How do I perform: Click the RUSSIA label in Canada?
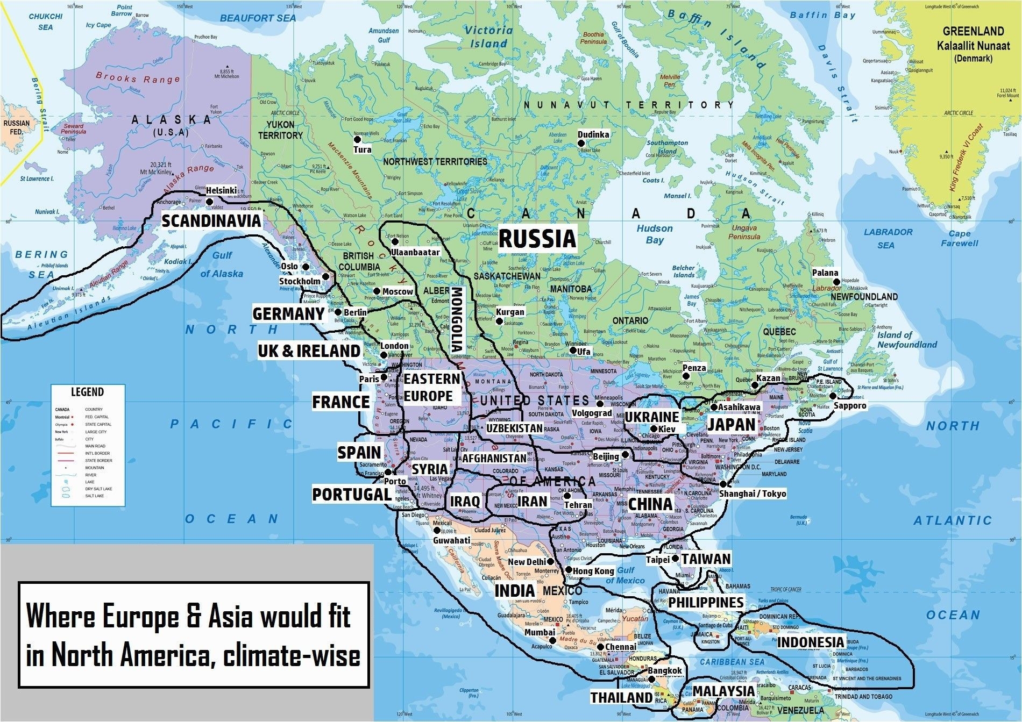pyautogui.click(x=537, y=239)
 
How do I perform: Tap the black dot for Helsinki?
pyautogui.click(x=210, y=202)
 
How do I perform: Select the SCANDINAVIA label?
pyautogui.click(x=211, y=220)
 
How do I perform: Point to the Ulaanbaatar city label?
pyautogui.click(x=415, y=252)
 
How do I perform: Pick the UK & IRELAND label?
pyautogui.click(x=309, y=351)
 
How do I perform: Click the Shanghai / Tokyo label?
pyautogui.click(x=753, y=494)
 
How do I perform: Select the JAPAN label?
pyautogui.click(x=731, y=425)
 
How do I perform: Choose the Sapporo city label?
pyautogui.click(x=850, y=405)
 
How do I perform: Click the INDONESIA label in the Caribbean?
pyautogui.click(x=811, y=642)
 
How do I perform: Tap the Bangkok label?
pyautogui.click(x=665, y=670)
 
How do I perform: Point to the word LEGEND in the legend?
pyautogui.click(x=87, y=392)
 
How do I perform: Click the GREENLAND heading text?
pyautogui.click(x=973, y=31)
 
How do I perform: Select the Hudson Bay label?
pyautogui.click(x=655, y=234)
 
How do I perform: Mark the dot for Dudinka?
pyautogui.click(x=581, y=143)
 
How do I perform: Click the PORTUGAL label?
pyautogui.click(x=352, y=495)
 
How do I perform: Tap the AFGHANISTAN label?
pyautogui.click(x=494, y=459)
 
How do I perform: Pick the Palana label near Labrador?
pyautogui.click(x=825, y=273)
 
